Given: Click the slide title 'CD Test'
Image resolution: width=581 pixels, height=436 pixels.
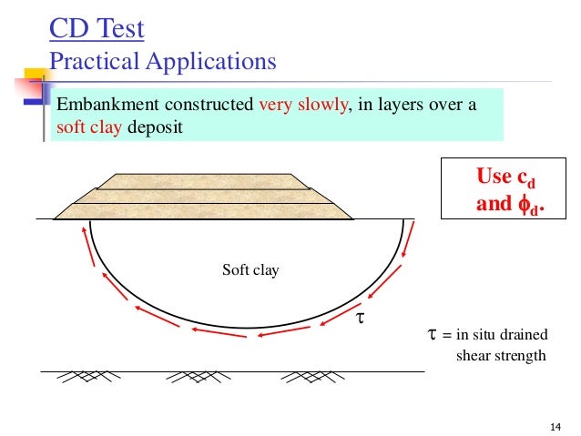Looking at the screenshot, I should (x=96, y=29).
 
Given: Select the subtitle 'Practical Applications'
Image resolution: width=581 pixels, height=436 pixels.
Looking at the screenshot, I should (x=162, y=62).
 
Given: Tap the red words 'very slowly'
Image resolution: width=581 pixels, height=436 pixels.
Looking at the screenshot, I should (x=304, y=105).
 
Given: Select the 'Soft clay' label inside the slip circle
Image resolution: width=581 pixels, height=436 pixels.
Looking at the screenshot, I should (x=250, y=270).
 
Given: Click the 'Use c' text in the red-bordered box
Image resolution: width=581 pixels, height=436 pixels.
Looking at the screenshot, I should (x=505, y=177).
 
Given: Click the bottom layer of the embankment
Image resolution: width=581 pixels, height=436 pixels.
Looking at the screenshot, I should (x=203, y=210).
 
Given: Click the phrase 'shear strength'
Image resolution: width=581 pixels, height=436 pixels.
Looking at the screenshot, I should (x=500, y=355).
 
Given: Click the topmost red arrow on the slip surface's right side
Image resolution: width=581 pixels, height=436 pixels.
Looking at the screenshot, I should (x=407, y=236).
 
